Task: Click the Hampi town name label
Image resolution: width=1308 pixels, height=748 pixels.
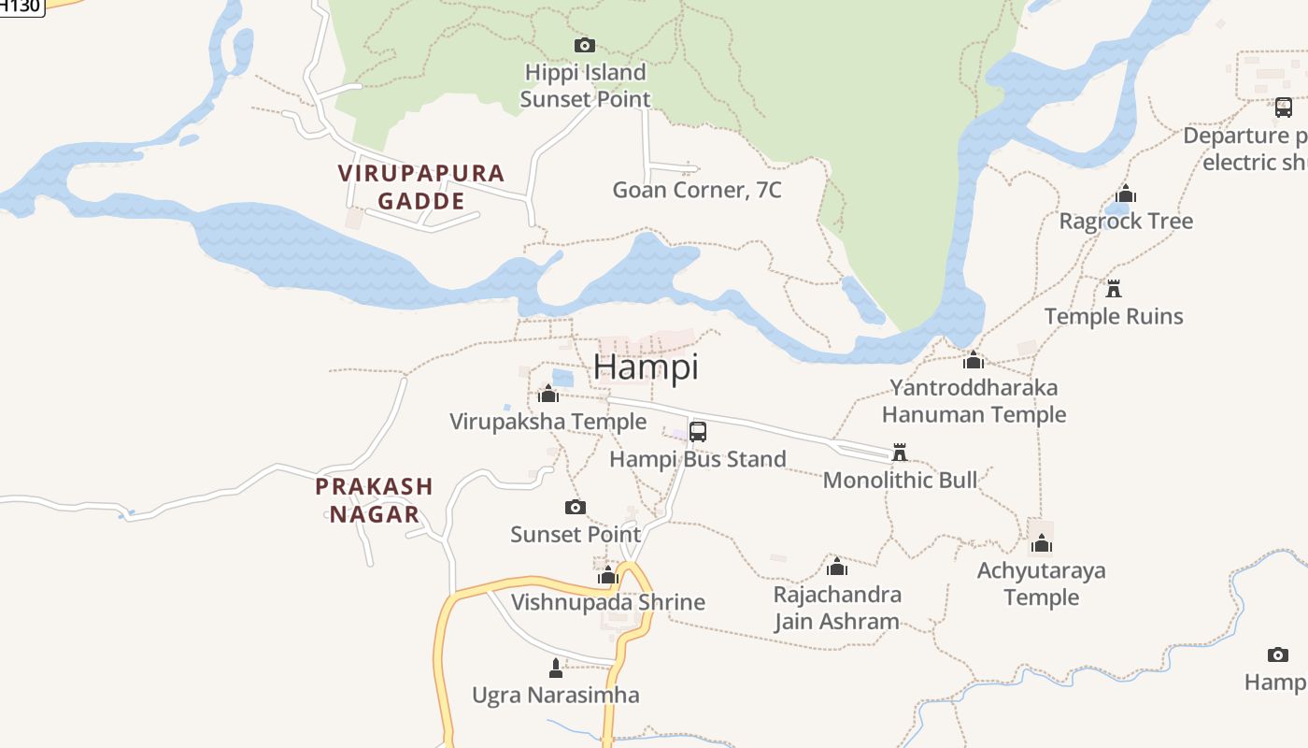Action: click(x=646, y=367)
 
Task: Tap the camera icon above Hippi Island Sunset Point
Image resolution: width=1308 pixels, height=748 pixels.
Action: click(x=584, y=45)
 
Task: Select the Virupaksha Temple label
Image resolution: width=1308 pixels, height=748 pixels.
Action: click(x=547, y=422)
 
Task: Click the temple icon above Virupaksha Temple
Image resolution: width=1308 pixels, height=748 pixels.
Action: click(x=548, y=394)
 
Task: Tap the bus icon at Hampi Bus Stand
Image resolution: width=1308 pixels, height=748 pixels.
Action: click(x=698, y=432)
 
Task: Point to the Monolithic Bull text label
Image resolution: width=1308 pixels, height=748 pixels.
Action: click(x=900, y=481)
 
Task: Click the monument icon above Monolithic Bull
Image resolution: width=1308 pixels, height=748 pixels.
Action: click(x=900, y=453)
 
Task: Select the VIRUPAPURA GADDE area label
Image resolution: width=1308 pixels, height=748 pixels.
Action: click(x=421, y=187)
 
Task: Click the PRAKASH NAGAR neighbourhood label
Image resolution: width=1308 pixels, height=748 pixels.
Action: click(x=374, y=500)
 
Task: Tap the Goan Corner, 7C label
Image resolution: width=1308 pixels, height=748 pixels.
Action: click(x=697, y=191)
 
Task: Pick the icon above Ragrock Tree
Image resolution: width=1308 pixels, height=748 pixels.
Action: click(x=1126, y=194)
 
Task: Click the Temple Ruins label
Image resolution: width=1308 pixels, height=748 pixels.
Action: click(x=1114, y=317)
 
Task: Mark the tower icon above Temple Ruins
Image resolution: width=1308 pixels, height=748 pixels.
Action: click(x=1113, y=288)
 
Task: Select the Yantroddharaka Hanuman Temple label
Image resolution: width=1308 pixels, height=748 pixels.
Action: click(x=974, y=401)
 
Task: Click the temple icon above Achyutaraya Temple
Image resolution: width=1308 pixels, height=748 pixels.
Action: click(x=1042, y=543)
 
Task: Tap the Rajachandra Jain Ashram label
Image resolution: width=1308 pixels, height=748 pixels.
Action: click(x=837, y=608)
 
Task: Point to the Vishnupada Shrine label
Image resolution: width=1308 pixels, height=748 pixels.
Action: click(x=607, y=602)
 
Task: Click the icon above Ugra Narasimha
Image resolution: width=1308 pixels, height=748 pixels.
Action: click(x=556, y=668)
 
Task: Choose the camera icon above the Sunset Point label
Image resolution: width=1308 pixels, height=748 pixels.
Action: click(x=576, y=507)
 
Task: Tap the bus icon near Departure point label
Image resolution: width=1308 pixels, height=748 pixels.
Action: click(x=1284, y=108)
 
